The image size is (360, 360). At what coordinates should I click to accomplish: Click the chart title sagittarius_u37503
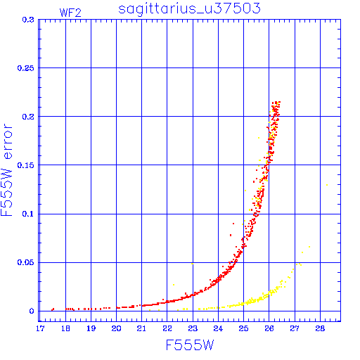point(189,8)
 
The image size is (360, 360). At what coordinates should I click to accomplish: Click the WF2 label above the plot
point(70,13)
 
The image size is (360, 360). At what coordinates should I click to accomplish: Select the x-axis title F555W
point(190,345)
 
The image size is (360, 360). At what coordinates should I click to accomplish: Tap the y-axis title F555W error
point(7,170)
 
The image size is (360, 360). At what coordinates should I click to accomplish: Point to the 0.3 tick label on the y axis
point(28,20)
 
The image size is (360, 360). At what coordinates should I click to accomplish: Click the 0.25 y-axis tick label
point(26,68)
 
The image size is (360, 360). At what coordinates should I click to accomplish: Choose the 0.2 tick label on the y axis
point(28,117)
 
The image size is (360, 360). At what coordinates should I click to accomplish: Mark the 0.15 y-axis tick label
point(26,165)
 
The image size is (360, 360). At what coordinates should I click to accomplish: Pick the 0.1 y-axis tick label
point(28,214)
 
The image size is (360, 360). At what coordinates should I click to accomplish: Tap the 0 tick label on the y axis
point(32,311)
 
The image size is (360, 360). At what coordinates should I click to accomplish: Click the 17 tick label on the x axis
point(40,328)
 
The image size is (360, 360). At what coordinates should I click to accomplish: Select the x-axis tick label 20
point(116,328)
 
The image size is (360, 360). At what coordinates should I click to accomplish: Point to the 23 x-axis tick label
point(193,328)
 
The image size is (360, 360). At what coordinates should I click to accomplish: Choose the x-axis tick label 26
point(269,328)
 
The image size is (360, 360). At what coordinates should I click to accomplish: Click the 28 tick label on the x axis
point(320,328)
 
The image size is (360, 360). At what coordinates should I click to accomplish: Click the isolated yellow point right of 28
point(327,185)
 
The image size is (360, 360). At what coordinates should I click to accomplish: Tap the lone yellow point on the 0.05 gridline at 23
point(193,264)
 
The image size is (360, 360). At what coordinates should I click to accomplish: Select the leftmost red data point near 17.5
point(52,310)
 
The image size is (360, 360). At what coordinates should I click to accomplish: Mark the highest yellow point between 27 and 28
point(309,247)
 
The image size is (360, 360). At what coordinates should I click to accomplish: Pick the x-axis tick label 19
point(91,328)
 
